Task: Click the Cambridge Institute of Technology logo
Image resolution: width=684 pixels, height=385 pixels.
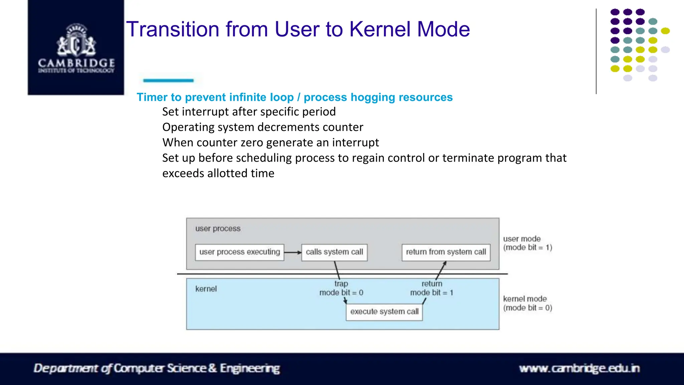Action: tap(76, 47)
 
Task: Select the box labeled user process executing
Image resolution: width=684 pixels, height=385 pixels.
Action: tap(239, 252)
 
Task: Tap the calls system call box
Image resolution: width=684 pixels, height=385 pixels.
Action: tap(334, 252)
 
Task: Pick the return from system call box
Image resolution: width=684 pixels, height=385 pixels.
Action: tap(446, 252)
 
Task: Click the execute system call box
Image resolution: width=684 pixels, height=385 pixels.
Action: tap(384, 312)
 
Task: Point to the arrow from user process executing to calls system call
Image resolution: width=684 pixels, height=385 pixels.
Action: tap(293, 252)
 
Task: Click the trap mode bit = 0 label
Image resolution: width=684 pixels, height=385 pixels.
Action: tap(341, 288)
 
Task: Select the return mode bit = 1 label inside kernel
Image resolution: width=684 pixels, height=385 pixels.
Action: tap(432, 288)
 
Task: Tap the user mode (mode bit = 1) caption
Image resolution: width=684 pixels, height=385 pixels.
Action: tap(527, 243)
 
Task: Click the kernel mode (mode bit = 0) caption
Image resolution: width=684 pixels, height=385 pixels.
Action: tap(527, 303)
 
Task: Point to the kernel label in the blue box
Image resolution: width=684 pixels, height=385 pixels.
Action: tap(206, 289)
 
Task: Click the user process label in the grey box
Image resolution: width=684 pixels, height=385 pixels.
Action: tap(218, 229)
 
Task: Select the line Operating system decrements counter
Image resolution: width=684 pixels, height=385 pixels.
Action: tap(263, 127)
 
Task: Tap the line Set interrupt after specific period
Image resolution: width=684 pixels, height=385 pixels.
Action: tap(249, 112)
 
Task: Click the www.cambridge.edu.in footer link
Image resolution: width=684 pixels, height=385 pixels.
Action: tap(579, 368)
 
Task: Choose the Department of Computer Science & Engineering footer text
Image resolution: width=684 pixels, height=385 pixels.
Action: tap(157, 368)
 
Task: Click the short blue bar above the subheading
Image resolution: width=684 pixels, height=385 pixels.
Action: tap(168, 80)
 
